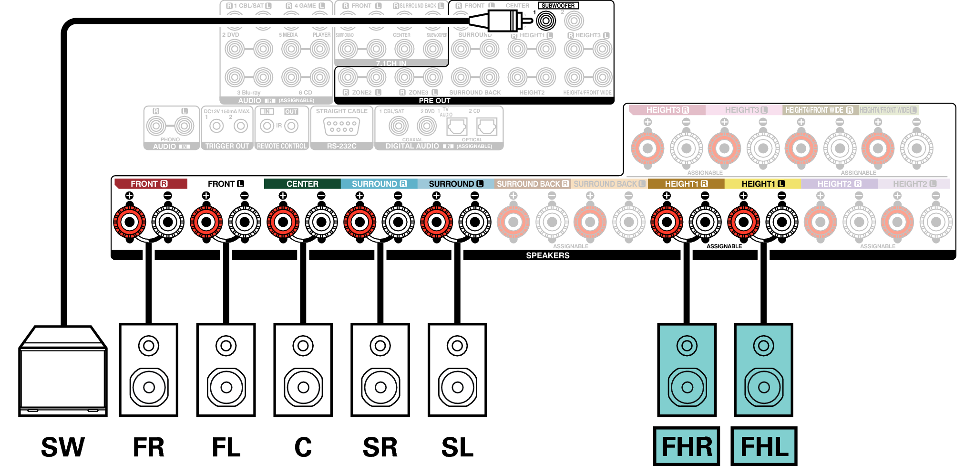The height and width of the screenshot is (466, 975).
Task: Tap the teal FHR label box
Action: (687, 446)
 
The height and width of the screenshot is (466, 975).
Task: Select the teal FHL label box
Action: (764, 446)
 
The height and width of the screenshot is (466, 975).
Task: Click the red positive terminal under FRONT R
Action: (129, 222)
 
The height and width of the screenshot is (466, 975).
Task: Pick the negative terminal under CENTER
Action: (321, 222)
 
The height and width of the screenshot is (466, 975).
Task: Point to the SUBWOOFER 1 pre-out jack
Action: (546, 21)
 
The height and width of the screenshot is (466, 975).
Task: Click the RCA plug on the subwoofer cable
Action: (501, 21)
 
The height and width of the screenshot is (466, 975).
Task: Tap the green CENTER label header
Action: (302, 184)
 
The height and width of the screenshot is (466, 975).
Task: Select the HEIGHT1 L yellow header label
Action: (762, 184)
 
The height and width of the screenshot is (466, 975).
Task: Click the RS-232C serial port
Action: (341, 127)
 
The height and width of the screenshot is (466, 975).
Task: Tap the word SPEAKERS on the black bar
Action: (548, 255)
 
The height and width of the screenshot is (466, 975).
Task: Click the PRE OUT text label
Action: (434, 101)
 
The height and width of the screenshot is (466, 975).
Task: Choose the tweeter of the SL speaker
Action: (457, 346)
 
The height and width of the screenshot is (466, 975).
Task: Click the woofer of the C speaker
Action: (303, 387)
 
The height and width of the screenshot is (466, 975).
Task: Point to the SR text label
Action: (380, 447)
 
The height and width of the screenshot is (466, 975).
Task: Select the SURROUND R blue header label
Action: (379, 184)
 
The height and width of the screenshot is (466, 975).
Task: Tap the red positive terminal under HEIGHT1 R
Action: (667, 222)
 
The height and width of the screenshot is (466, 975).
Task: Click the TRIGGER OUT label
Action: (227, 146)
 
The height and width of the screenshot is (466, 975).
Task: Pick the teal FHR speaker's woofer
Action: (687, 387)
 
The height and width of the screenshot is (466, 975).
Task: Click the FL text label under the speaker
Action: (226, 447)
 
